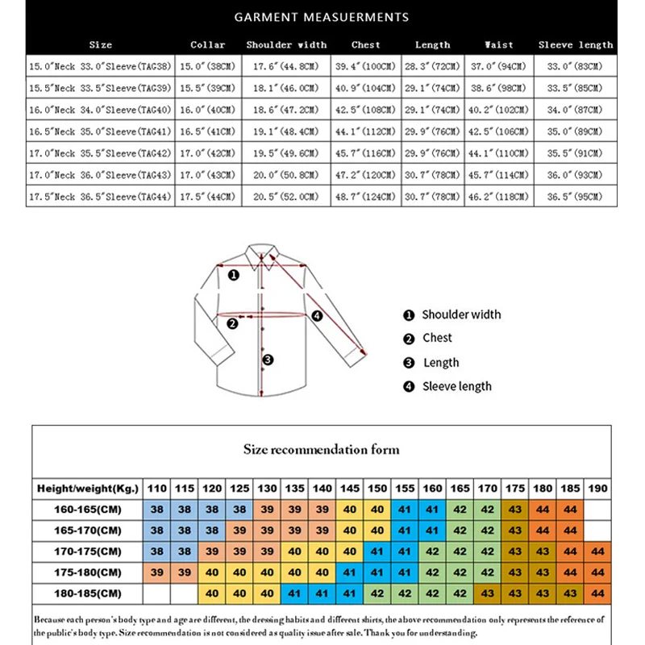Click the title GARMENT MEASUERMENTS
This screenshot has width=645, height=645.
(x=322, y=17)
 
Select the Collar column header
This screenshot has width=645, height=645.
(x=208, y=45)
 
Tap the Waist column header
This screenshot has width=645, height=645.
(x=499, y=45)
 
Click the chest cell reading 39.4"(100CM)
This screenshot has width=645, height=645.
(x=365, y=67)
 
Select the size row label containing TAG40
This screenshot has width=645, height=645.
(x=101, y=110)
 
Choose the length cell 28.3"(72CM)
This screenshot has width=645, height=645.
(x=433, y=67)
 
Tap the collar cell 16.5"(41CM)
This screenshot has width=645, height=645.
(x=208, y=132)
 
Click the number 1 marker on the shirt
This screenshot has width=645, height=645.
(x=234, y=275)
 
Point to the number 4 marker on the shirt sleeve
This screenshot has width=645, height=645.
(x=317, y=316)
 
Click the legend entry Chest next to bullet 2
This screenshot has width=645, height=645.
(x=437, y=338)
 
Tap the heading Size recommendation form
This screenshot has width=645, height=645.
(x=321, y=449)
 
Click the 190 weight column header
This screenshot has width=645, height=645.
(x=597, y=489)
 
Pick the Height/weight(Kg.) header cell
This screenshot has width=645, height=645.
(x=88, y=489)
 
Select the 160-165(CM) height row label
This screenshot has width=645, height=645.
(x=88, y=510)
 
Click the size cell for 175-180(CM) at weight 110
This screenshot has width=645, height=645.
(x=157, y=572)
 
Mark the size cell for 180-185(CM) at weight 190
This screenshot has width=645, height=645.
(x=597, y=593)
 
